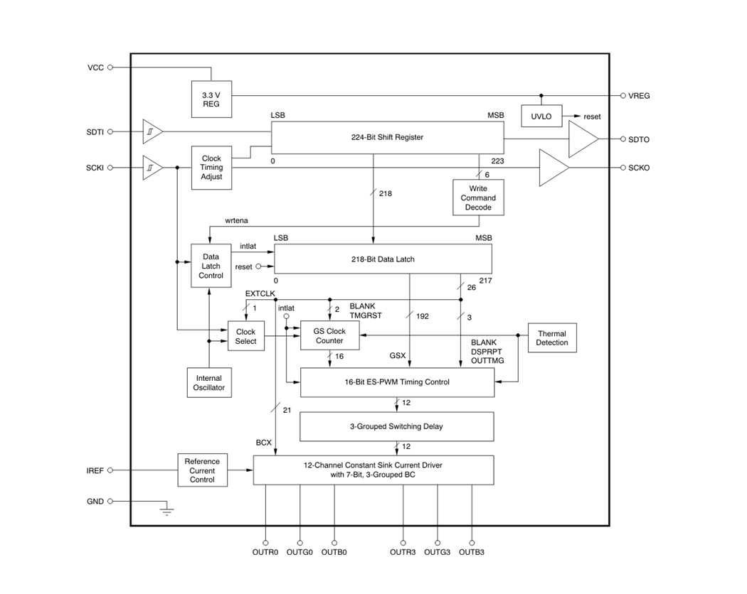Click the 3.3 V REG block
[x=211, y=99]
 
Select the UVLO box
[x=541, y=117]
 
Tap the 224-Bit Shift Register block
[x=387, y=137]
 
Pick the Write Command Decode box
[x=478, y=198]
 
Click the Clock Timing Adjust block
[x=211, y=168]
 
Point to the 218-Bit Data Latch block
[x=382, y=259]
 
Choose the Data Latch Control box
[x=211, y=266]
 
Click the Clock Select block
[x=245, y=336]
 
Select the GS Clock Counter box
[x=329, y=335]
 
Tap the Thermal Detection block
[x=552, y=337]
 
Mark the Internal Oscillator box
[x=208, y=383]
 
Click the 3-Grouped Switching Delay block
[x=396, y=426]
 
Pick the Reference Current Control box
[x=202, y=470]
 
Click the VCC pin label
[x=95, y=67]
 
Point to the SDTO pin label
[x=639, y=140]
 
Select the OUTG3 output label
[x=437, y=552]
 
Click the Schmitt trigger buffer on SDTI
[x=152, y=131]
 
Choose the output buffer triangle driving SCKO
[x=553, y=168]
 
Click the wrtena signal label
[x=236, y=221]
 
